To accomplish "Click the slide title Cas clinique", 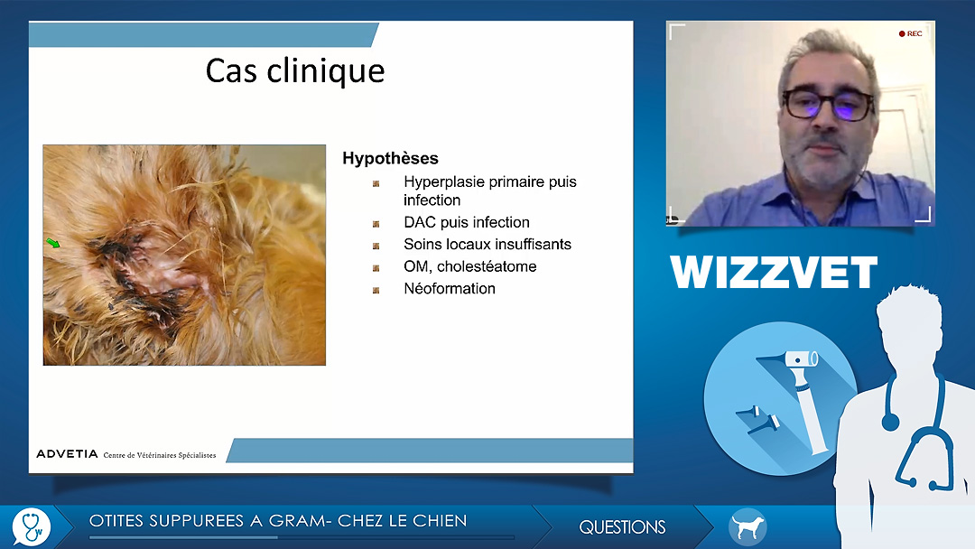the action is click(294, 70).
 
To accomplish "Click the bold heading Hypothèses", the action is click(391, 159).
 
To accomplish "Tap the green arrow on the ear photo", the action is click(53, 243).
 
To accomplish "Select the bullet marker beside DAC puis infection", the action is click(376, 224).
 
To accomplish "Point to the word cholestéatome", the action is click(487, 266).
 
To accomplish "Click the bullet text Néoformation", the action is click(450, 288).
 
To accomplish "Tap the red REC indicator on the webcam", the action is click(910, 33).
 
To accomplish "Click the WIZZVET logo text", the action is click(774, 273).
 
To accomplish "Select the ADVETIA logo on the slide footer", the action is click(67, 454).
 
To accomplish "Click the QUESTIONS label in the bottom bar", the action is click(622, 527).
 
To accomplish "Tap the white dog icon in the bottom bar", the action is click(747, 527).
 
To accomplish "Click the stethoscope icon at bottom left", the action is click(31, 527).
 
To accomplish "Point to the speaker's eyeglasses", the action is click(828, 104).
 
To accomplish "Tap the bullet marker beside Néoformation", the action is click(376, 291).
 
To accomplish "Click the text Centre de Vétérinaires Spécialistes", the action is click(160, 455).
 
